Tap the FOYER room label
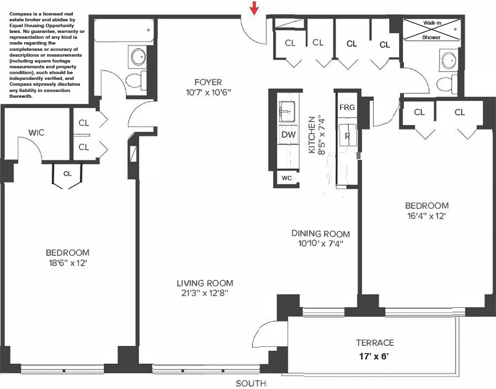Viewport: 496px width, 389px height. (x=208, y=82)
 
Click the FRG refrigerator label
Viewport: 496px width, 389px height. (x=347, y=107)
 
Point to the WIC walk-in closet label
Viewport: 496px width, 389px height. (x=36, y=132)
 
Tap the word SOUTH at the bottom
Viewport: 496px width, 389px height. (x=251, y=384)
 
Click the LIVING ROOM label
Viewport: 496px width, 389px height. (x=204, y=283)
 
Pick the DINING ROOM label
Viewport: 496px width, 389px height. (x=320, y=233)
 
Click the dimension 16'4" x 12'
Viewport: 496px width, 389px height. (x=427, y=216)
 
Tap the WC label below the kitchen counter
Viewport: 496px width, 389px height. (x=287, y=178)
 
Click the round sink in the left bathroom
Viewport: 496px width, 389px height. (x=138, y=57)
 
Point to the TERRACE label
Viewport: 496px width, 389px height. (x=375, y=342)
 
